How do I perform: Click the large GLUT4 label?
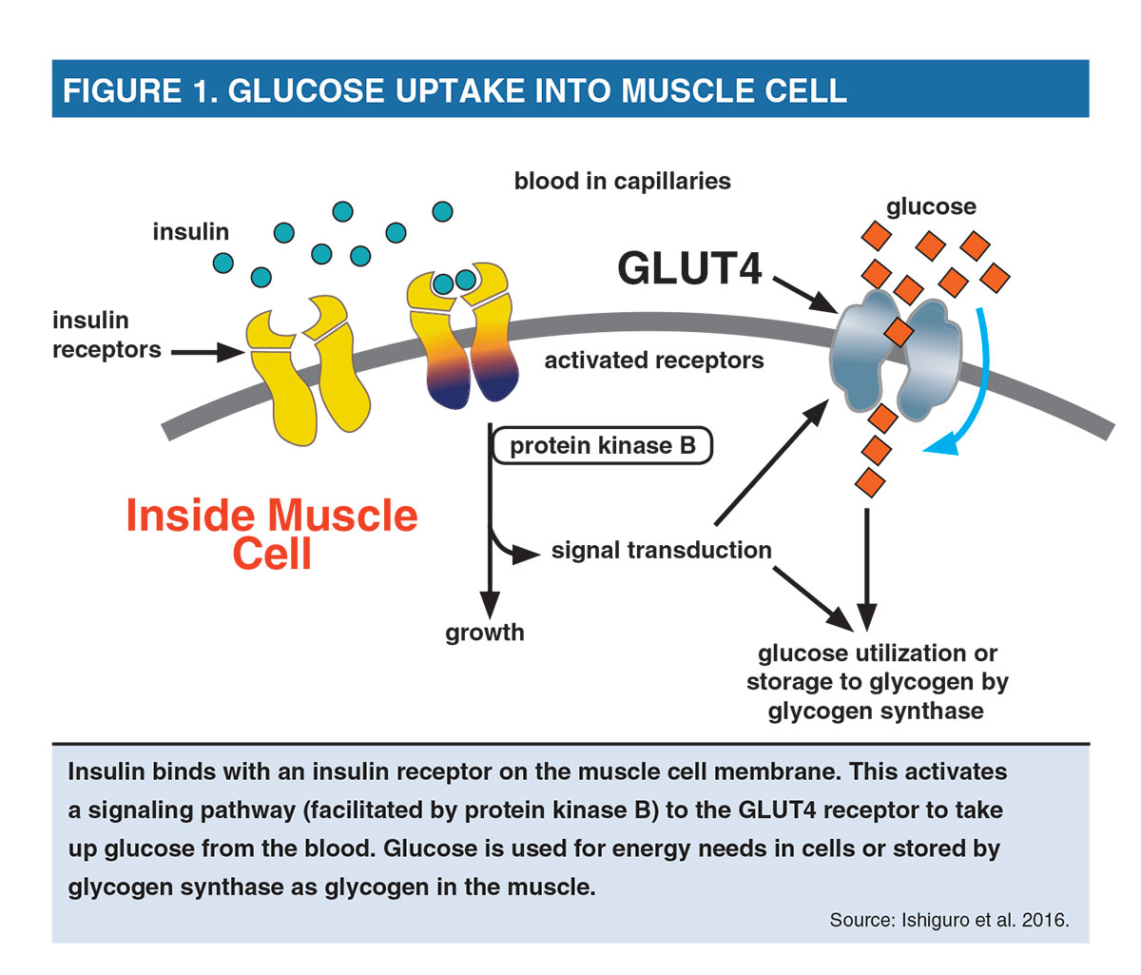pyautogui.click(x=689, y=268)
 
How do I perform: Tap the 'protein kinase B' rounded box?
pyautogui.click(x=602, y=445)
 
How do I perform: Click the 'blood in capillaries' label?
pyautogui.click(x=622, y=181)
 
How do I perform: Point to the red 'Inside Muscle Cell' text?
pyautogui.click(x=272, y=534)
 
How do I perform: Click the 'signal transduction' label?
pyautogui.click(x=662, y=551)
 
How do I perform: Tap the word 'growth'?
pyautogui.click(x=485, y=633)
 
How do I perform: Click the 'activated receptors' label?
pyautogui.click(x=654, y=361)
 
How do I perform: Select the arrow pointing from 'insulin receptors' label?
pyautogui.click(x=208, y=352)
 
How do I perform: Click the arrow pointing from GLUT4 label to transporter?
pyautogui.click(x=804, y=295)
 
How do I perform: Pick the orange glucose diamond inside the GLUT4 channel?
pyautogui.click(x=899, y=332)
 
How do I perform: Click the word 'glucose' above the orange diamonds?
pyautogui.click(x=931, y=207)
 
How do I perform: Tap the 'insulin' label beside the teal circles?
pyautogui.click(x=190, y=232)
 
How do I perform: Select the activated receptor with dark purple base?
pyautogui.click(x=463, y=335)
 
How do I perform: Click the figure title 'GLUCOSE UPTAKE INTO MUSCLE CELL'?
pyautogui.click(x=537, y=90)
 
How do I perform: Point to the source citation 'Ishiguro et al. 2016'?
pyautogui.click(x=985, y=920)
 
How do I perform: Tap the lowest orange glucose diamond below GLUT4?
pyautogui.click(x=870, y=482)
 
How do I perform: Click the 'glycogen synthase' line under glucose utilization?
pyautogui.click(x=876, y=712)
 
